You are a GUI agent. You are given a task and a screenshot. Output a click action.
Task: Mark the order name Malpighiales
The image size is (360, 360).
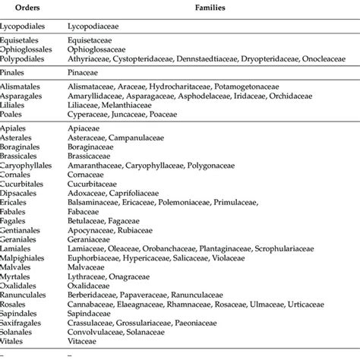(x=25, y=281)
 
